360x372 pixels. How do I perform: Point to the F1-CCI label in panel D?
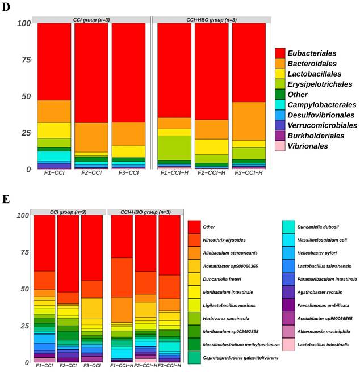[55, 176]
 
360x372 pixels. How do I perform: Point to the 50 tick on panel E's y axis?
[23, 289]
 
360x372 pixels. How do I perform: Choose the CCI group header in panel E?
[68, 212]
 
